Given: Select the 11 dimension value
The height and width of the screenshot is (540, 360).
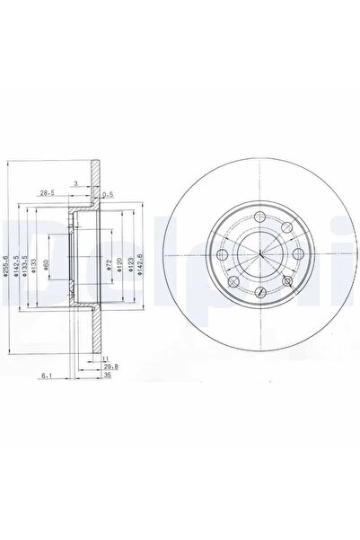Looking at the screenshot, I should point(104,358).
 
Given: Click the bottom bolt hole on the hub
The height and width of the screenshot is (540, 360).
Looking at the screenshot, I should point(259,292).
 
